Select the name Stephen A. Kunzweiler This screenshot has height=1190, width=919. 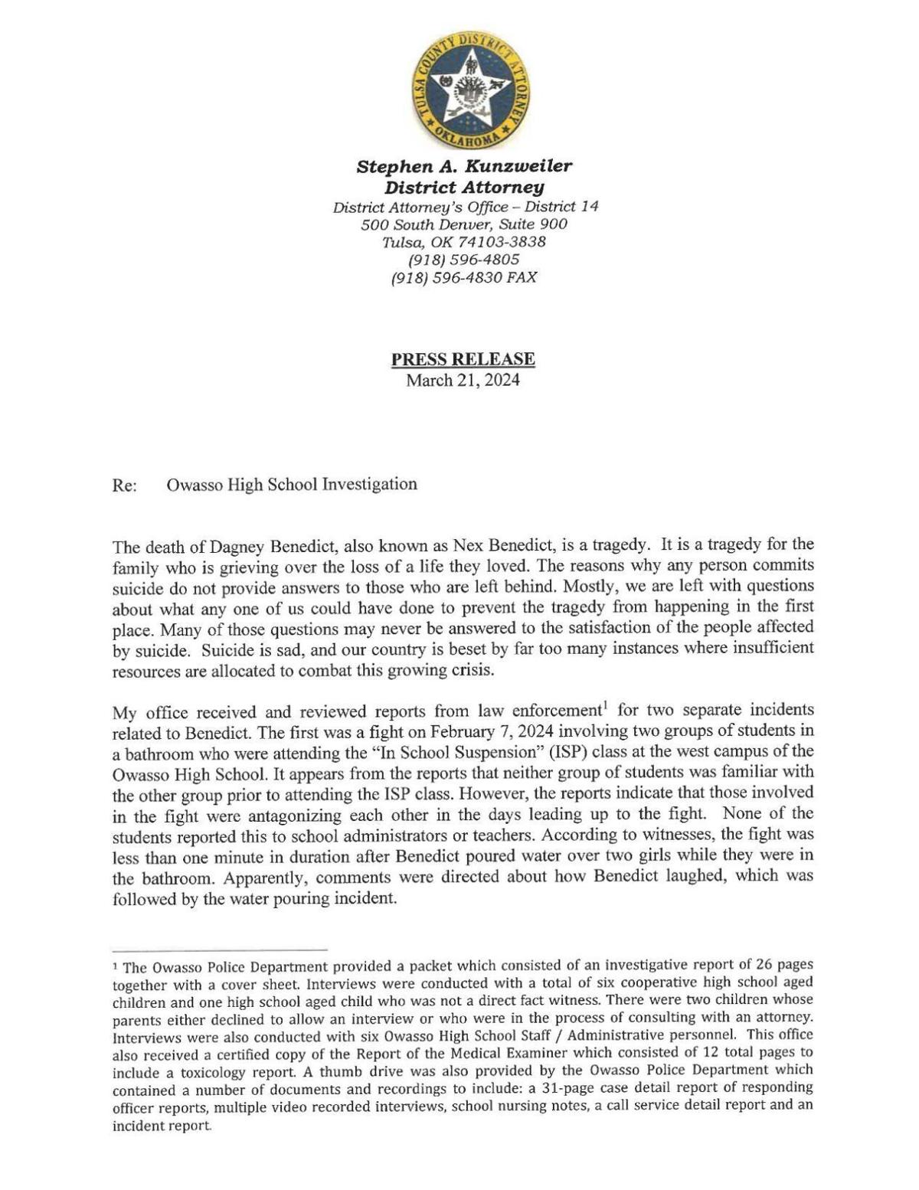click(x=464, y=166)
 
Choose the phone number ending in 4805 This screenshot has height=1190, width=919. click(x=464, y=260)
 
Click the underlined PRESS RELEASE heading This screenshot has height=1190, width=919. click(x=463, y=358)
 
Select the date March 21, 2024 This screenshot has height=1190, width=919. click(x=463, y=381)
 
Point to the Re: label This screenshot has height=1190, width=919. click(x=125, y=485)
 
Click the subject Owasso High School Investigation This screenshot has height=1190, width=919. click(x=292, y=484)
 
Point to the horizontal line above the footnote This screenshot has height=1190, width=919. click(x=220, y=948)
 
